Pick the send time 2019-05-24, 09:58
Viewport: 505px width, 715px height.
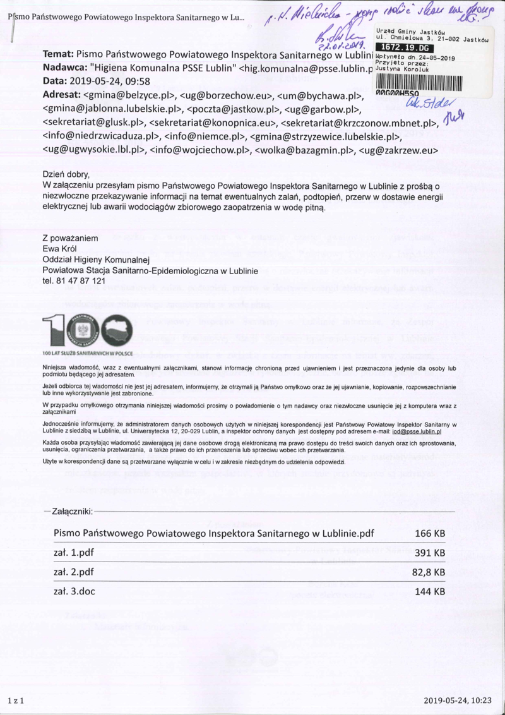[122, 81]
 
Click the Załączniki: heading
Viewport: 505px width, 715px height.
[68, 510]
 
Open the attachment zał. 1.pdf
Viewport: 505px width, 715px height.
[74, 553]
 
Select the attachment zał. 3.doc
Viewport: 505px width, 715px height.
[74, 592]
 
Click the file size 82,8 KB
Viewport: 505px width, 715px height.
[429, 572]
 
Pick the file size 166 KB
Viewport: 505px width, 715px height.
[430, 534]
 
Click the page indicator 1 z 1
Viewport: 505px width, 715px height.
[15, 700]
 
